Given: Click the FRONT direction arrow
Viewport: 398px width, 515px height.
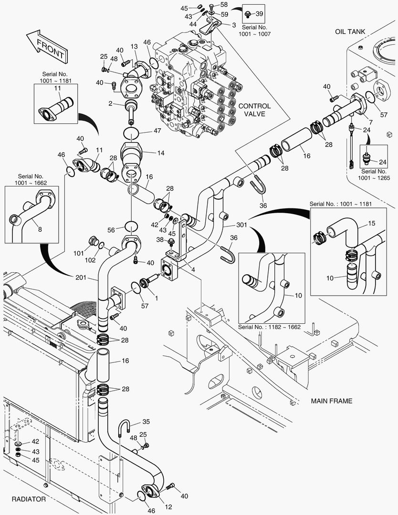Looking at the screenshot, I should pos(46,47).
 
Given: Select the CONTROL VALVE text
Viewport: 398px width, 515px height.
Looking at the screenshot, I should pos(254,110).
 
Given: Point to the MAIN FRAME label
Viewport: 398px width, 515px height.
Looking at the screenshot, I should pos(331,401).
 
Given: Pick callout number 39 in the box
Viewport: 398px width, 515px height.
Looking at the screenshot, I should pos(259,13).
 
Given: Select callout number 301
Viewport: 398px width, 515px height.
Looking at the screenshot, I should pos(228,225).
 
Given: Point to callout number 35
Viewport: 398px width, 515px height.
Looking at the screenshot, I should pos(146,422).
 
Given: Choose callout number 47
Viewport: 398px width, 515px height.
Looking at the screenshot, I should pos(157,130).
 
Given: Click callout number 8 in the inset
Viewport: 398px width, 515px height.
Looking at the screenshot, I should pos(40,229).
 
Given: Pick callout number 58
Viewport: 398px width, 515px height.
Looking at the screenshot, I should pos(224,5).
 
